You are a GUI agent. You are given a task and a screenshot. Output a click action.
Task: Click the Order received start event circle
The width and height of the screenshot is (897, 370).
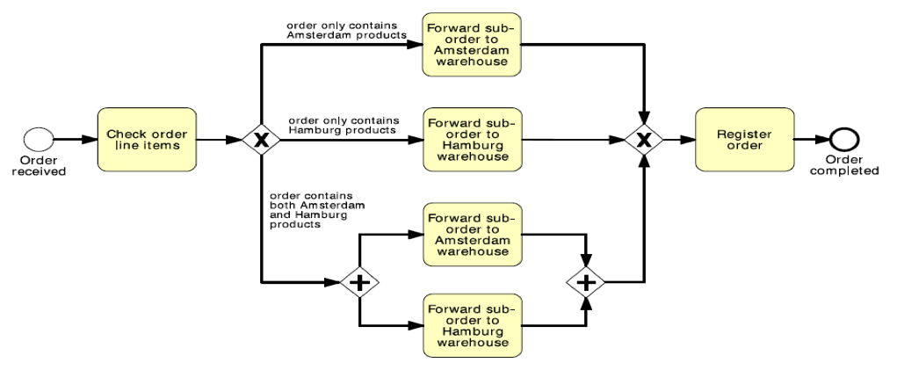tap(40, 140)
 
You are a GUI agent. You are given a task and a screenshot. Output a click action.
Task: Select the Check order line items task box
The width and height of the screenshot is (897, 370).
tap(147, 140)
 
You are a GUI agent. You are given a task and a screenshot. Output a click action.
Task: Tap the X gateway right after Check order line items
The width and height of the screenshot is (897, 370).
tap(261, 140)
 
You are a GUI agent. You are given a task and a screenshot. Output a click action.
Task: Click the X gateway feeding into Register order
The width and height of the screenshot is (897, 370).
tap(645, 140)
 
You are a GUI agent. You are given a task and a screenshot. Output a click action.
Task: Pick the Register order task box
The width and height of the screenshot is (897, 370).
tap(744, 140)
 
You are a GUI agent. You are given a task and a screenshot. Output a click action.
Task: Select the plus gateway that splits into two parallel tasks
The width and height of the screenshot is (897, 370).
tap(359, 283)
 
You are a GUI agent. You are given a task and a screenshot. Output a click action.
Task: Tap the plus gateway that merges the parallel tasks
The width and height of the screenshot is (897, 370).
tap(586, 283)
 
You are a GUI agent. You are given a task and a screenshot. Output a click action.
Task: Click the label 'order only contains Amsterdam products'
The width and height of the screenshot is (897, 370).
tap(346, 30)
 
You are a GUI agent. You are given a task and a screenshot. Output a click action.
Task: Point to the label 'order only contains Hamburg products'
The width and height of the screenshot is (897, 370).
tap(344, 125)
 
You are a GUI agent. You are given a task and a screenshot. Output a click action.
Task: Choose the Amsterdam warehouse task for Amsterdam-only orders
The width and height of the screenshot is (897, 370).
tap(472, 46)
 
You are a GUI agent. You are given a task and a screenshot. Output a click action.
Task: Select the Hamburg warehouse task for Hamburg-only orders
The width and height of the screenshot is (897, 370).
tap(472, 140)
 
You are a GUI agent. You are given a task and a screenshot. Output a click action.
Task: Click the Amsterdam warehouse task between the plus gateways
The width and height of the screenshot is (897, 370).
tap(472, 235)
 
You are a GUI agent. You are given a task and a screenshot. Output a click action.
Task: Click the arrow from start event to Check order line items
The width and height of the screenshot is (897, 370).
tap(76, 140)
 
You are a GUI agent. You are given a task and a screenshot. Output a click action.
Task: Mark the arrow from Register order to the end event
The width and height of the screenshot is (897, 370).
tap(812, 140)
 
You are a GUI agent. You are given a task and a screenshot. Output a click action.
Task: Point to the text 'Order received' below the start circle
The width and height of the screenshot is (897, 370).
tap(39, 165)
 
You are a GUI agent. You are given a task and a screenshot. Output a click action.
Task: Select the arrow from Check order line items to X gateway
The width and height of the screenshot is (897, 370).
tap(220, 140)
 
